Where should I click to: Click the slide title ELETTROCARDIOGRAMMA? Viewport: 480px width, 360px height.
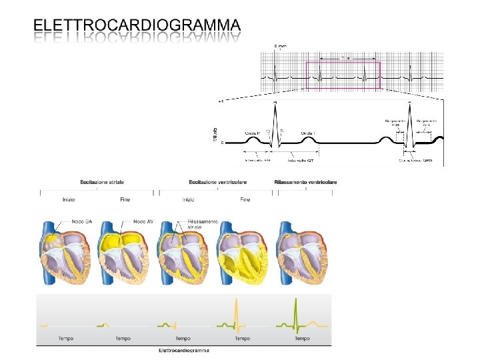click(137, 25)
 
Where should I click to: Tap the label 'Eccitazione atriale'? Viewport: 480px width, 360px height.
click(102, 182)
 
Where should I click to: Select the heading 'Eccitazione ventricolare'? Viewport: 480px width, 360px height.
click(218, 182)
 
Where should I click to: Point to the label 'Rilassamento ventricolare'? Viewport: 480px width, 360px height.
click(305, 182)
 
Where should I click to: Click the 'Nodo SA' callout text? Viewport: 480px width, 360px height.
click(83, 222)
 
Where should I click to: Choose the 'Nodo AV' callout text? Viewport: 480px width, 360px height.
click(144, 222)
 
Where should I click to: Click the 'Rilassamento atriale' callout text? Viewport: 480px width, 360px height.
click(202, 225)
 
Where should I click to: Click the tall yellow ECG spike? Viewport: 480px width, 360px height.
click(237, 313)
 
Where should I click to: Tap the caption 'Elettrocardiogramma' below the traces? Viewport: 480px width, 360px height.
click(183, 350)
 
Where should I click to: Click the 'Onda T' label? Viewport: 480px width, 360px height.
click(309, 134)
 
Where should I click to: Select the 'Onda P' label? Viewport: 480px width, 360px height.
click(253, 134)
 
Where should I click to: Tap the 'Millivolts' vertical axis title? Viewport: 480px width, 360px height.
click(215, 133)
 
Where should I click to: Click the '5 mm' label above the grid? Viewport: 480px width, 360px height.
click(280, 45)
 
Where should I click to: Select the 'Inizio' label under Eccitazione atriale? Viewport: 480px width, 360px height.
click(69, 199)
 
